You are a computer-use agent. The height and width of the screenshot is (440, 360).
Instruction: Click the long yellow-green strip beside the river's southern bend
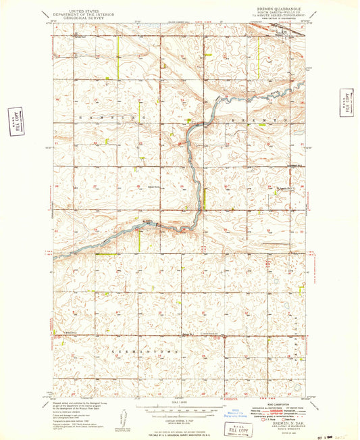[203, 198]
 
